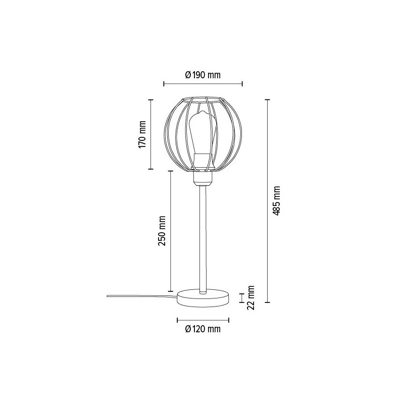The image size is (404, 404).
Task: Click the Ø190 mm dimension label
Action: click(x=203, y=75)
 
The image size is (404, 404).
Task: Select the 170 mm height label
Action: click(x=142, y=134)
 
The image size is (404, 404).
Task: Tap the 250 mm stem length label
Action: click(x=162, y=231)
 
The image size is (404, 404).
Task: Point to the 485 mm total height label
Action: click(x=276, y=200)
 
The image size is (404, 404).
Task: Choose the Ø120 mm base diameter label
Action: click(x=203, y=329)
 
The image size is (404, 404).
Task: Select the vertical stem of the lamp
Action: click(x=203, y=237)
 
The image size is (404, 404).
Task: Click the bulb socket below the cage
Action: click(x=203, y=177)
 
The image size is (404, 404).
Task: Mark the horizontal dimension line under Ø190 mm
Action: click(x=203, y=84)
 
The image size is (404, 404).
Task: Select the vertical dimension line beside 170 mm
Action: click(x=150, y=134)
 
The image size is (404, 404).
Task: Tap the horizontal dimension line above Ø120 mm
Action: click(x=203, y=320)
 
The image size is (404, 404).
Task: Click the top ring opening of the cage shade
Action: click(x=203, y=97)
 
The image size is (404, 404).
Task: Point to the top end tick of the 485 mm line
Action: click(x=268, y=100)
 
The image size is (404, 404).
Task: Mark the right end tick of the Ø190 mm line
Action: click(x=242, y=84)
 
